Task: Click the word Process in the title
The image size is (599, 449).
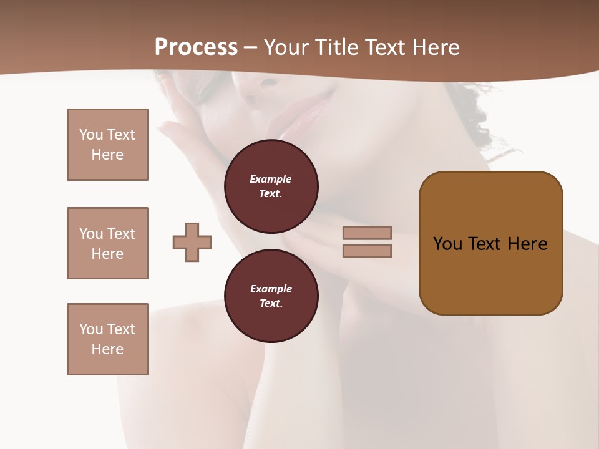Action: point(196,47)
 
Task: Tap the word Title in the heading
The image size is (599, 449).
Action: point(338,47)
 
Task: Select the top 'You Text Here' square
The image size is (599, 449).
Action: point(107,145)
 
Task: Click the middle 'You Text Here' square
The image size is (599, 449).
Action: point(107,243)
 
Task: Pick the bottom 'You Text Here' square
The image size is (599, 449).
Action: point(107,339)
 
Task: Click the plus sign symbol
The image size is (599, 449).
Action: point(192,242)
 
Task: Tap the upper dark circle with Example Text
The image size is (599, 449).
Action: point(271,186)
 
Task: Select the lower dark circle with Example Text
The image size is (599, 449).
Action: point(271,296)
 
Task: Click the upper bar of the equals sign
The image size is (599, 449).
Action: point(367,233)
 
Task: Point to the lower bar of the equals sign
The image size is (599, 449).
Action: point(367,251)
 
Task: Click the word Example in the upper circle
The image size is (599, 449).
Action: point(271,179)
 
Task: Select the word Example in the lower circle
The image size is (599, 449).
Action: point(271,289)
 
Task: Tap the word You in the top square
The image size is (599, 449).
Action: point(91,135)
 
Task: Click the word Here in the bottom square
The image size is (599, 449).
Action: point(107,349)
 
